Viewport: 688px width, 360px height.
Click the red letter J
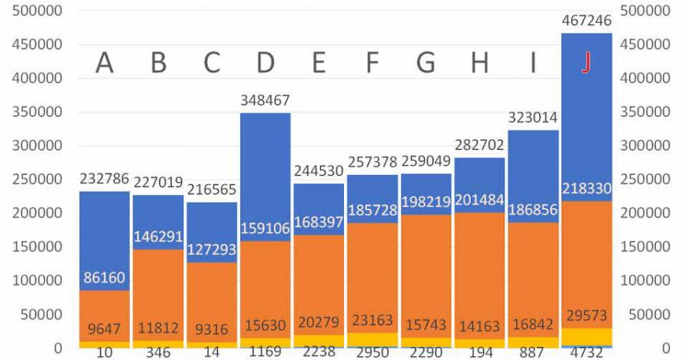586,63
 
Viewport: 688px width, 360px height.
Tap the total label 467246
586,21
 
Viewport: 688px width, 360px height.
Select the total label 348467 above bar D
265,101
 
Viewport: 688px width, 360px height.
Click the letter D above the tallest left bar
265,63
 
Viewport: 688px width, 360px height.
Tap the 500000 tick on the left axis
37,11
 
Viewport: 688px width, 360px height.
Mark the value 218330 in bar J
586,189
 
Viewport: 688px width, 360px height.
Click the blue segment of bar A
105,229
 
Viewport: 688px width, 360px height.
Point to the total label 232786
105,179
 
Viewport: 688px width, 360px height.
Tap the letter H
479,63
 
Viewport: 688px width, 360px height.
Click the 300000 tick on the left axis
37,145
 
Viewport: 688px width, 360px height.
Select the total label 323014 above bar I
533,118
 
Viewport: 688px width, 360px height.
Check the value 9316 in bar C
212,329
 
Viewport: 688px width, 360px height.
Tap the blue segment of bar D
265,176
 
